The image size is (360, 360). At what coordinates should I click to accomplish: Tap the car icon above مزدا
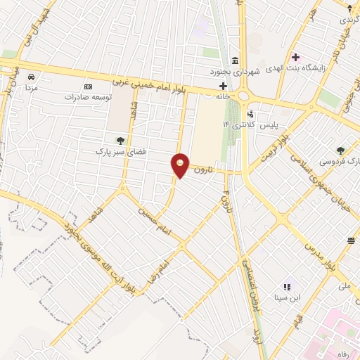(x=30, y=77)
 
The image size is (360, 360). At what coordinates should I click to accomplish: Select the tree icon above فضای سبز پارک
(x=120, y=139)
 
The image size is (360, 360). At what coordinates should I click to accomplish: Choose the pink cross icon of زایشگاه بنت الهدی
(x=295, y=56)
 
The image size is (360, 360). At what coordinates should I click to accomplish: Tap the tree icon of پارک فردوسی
(x=341, y=150)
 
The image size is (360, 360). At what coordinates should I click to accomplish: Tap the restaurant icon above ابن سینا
(x=286, y=287)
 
